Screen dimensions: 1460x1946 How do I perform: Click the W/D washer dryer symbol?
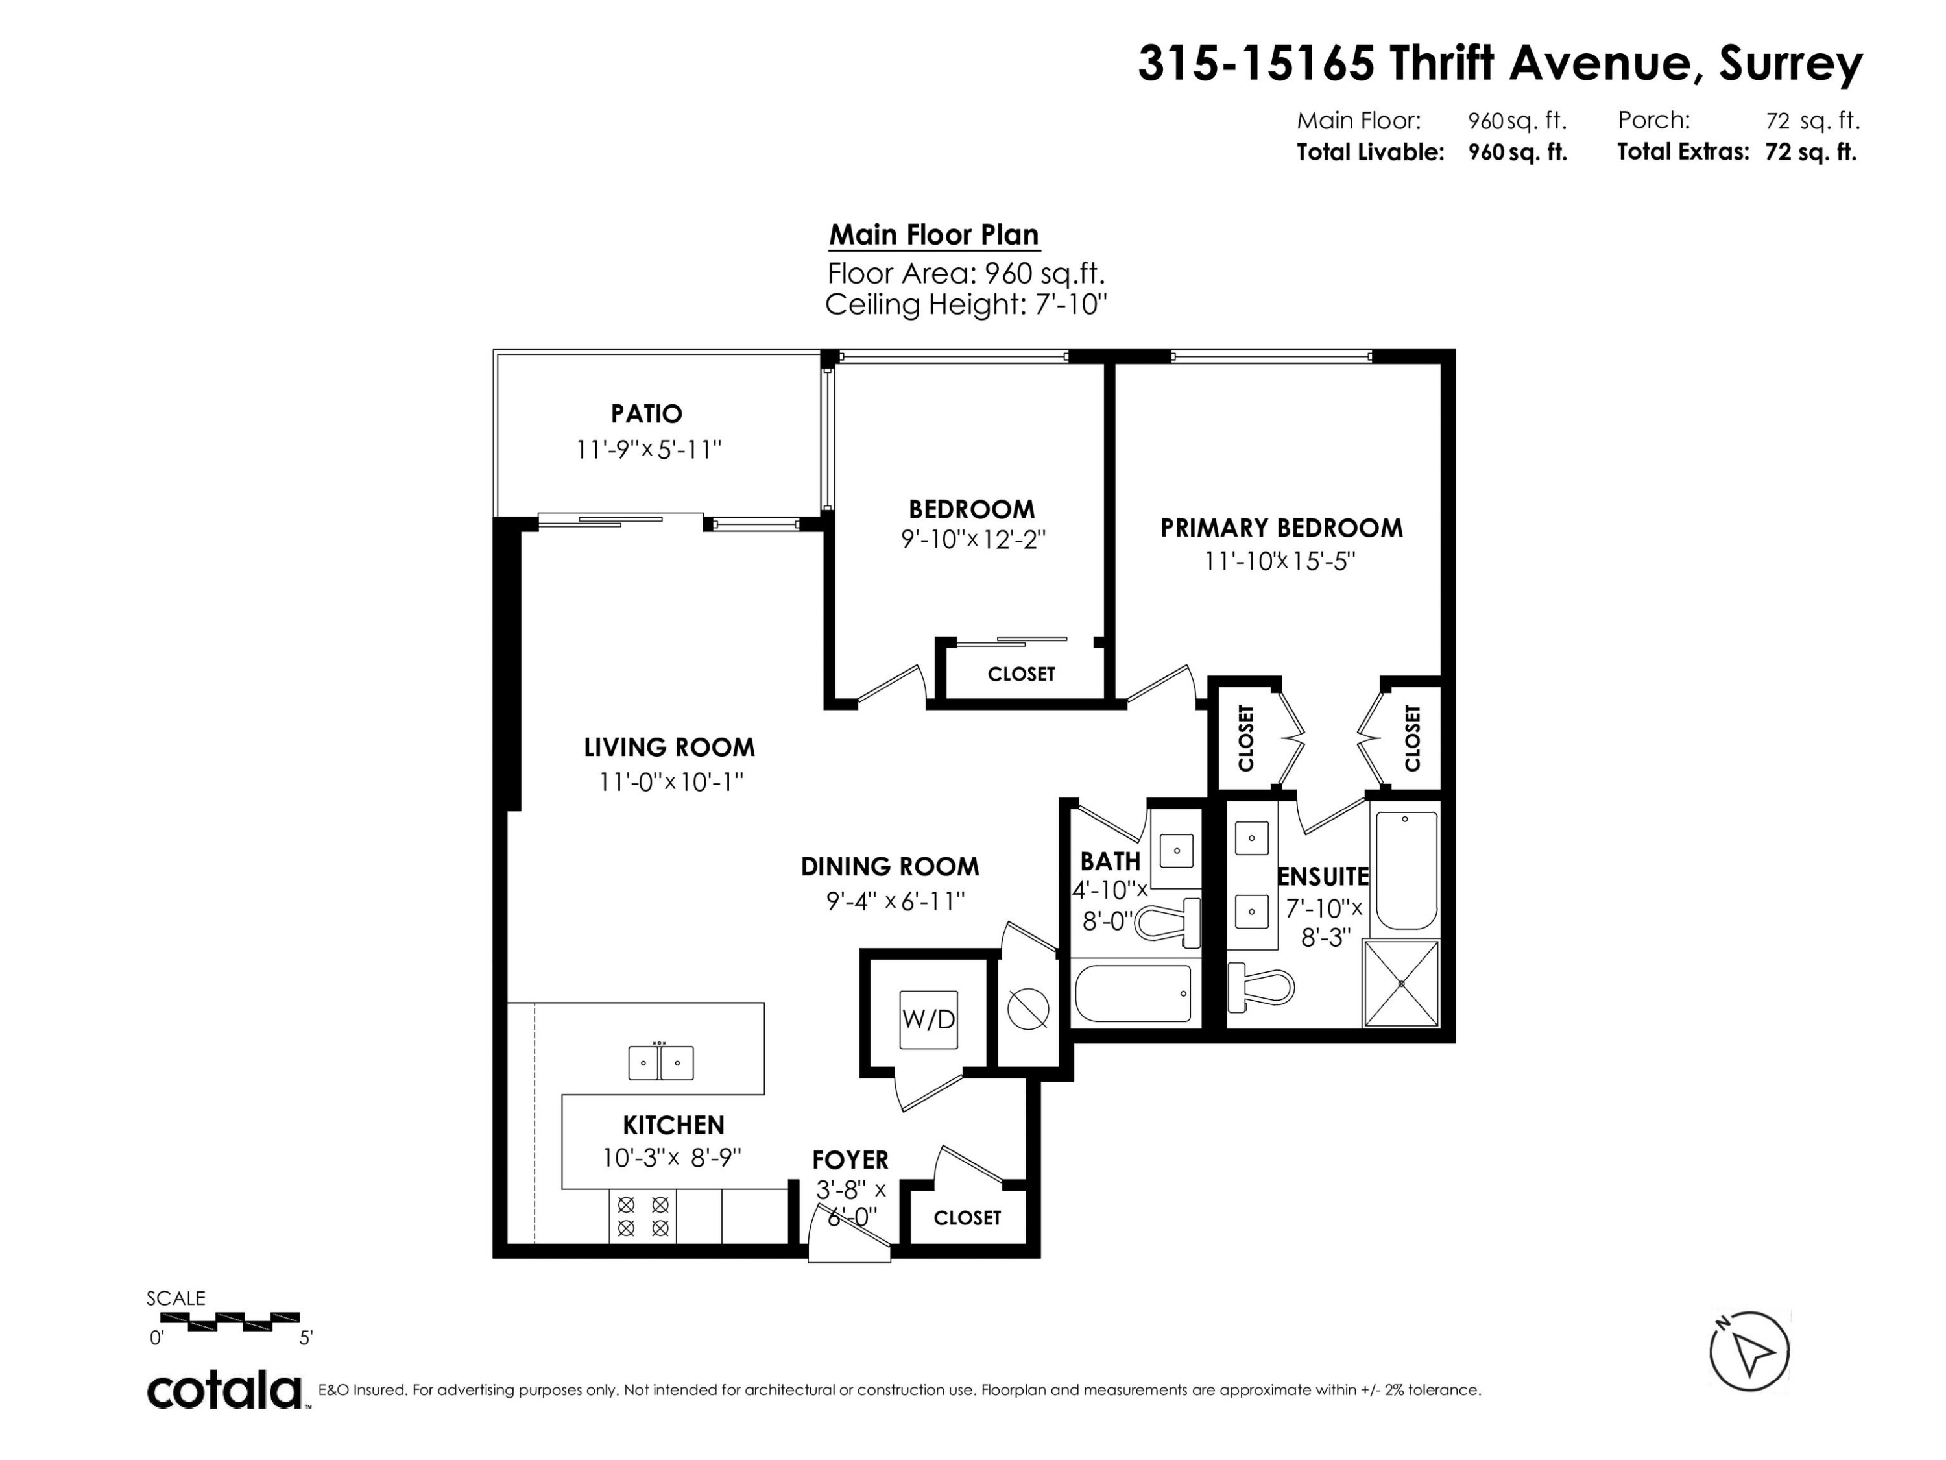click(928, 1019)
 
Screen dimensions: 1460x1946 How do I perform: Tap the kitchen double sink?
click(661, 1062)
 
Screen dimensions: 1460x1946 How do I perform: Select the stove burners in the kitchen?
click(643, 1215)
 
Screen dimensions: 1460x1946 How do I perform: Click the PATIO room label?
click(647, 413)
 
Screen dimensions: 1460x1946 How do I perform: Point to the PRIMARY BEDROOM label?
click(1281, 528)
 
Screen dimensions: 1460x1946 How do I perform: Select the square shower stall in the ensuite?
click(1400, 983)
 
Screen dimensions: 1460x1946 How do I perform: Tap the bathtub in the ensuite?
click(1406, 870)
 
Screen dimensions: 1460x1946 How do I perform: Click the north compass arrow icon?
click(1749, 1351)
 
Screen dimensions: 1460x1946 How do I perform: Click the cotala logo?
click(224, 1391)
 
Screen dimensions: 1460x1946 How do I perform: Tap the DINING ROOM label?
click(889, 867)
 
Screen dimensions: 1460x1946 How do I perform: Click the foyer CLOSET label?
click(967, 1218)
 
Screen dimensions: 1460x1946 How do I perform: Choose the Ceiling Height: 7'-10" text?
click(965, 306)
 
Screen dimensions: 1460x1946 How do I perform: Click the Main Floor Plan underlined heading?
click(933, 235)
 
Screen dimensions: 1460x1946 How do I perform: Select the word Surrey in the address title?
click(1790, 64)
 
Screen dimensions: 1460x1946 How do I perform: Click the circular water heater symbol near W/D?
click(1027, 1008)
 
